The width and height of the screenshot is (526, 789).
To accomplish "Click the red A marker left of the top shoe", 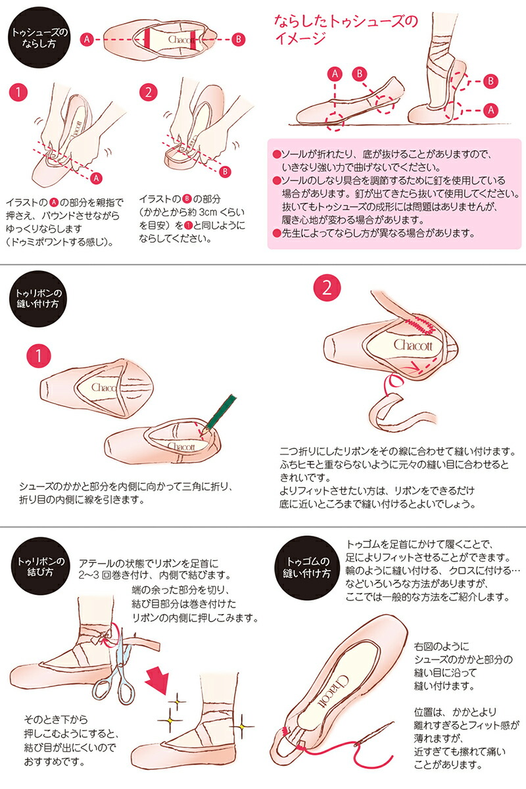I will (85, 39).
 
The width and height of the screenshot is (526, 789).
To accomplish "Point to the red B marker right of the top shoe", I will (239, 39).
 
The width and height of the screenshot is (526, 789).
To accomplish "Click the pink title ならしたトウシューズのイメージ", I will (346, 30).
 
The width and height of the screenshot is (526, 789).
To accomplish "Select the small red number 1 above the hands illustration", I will (21, 93).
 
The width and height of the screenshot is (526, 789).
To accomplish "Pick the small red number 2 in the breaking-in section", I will (150, 93).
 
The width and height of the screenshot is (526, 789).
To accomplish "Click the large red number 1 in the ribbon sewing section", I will (39, 356).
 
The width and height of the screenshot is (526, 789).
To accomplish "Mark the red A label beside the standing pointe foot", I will (489, 110).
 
